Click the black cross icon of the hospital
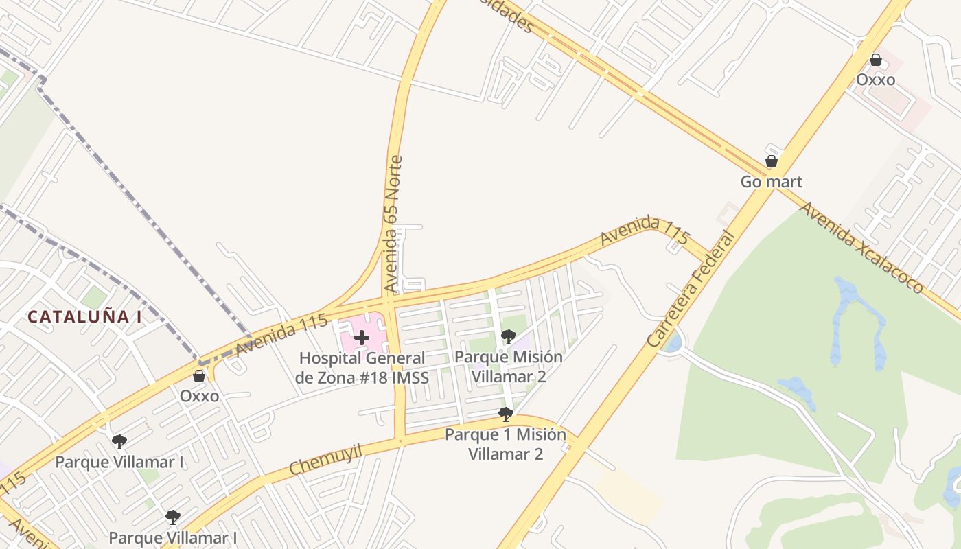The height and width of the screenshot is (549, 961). click(362, 338)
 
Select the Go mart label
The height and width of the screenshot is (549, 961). click(771, 182)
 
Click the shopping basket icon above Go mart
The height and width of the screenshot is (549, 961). click(772, 162)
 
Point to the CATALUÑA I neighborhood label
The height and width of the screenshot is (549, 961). click(84, 317)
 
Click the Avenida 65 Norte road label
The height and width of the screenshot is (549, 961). click(394, 224)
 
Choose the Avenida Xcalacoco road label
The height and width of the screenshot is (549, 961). click(862, 247)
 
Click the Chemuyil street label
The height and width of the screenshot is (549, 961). click(325, 459)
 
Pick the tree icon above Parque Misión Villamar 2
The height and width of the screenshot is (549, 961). click(509, 336)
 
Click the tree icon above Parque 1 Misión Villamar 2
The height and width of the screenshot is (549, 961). click(506, 414)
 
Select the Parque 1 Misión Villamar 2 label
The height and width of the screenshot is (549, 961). click(506, 444)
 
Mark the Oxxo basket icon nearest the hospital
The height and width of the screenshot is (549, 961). click(199, 376)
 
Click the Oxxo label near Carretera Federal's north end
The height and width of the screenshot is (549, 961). click(875, 80)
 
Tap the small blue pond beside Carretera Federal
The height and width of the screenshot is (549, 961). click(673, 341)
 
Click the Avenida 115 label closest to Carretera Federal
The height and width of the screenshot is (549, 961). click(644, 230)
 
